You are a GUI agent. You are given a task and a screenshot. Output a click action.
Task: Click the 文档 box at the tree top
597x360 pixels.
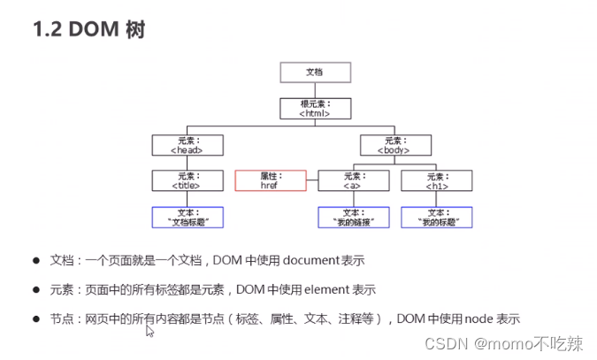[314, 73]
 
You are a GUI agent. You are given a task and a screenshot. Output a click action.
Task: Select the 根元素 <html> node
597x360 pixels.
[314, 109]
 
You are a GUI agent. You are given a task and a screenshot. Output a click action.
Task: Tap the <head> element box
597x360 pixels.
[187, 145]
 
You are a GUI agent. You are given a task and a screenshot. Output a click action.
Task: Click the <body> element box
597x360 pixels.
[396, 145]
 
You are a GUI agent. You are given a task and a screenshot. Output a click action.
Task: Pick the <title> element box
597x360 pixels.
[187, 181]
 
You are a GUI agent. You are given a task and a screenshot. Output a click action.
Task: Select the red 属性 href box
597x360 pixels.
[270, 181]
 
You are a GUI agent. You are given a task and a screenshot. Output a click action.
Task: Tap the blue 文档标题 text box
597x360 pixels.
[187, 218]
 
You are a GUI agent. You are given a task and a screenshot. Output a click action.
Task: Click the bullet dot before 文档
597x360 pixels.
[36, 261]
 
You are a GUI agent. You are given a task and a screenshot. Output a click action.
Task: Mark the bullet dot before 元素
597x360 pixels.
[36, 289]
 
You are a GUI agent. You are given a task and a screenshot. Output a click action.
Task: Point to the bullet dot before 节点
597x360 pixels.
[36, 318]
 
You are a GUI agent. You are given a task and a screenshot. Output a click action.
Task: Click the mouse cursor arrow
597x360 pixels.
[149, 331]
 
